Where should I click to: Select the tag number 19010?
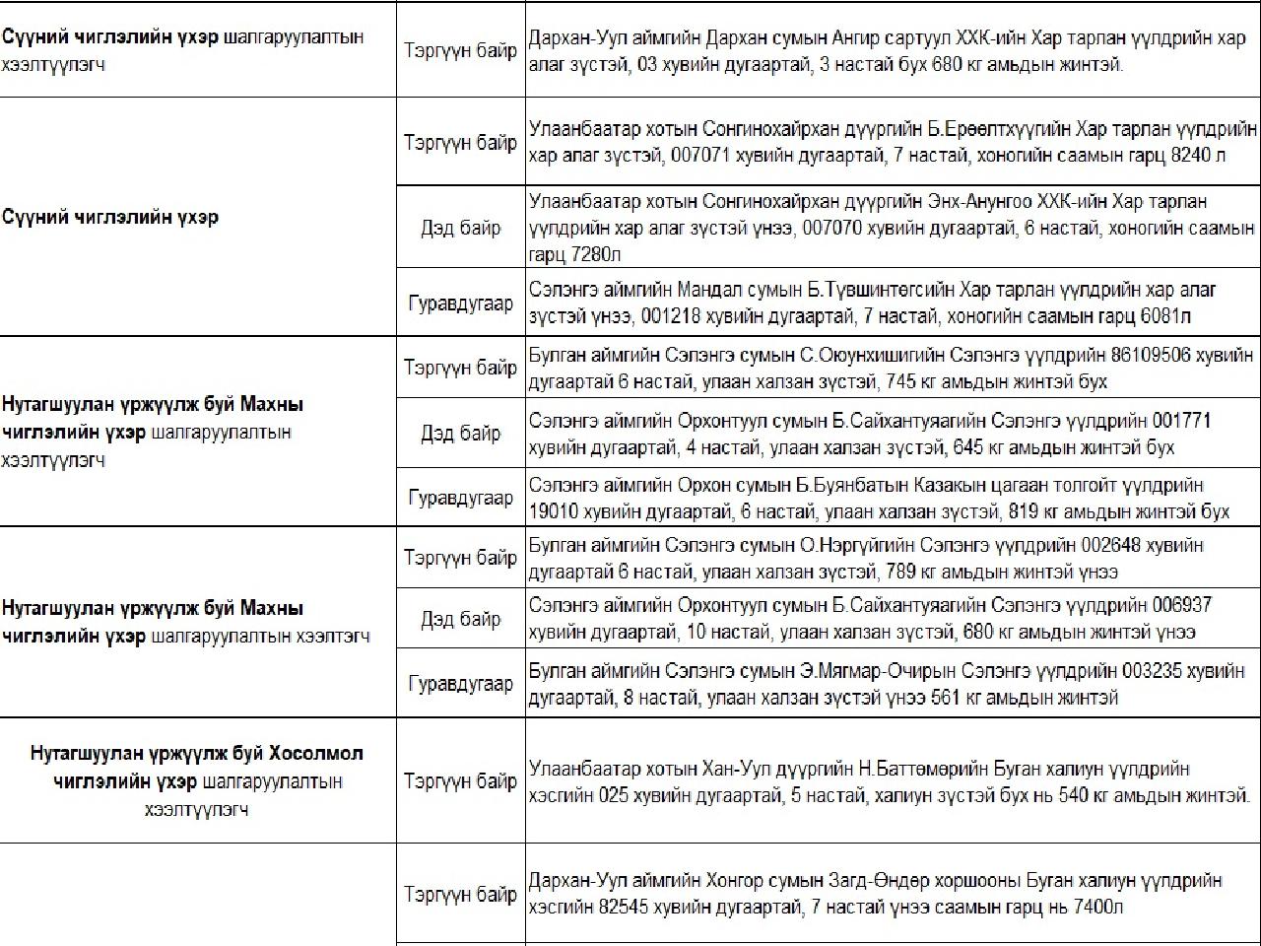click(557, 511)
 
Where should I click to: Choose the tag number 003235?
click(1156, 671)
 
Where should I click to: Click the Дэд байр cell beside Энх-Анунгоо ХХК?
click(460, 228)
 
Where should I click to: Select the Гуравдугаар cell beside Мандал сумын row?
click(460, 304)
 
